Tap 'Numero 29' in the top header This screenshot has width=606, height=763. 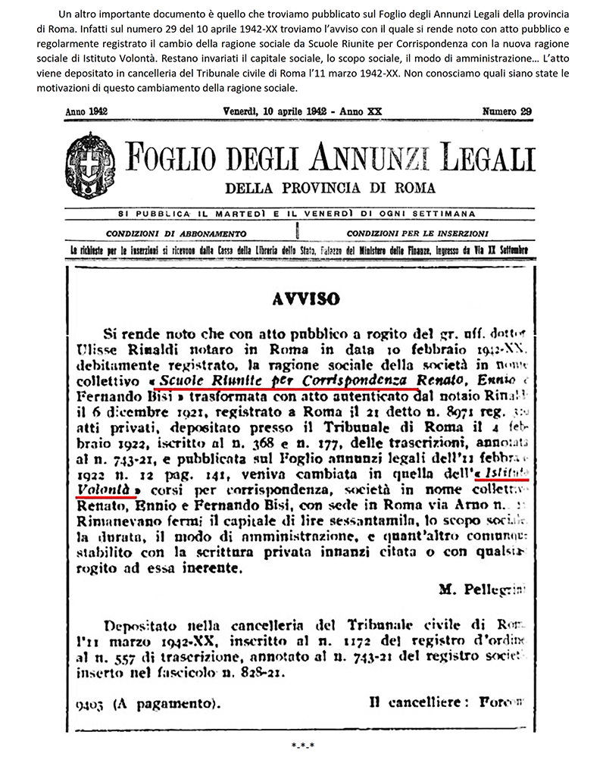click(x=507, y=111)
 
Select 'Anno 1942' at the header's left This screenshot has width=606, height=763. click(x=87, y=111)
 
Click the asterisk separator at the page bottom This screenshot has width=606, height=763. click(x=302, y=746)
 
